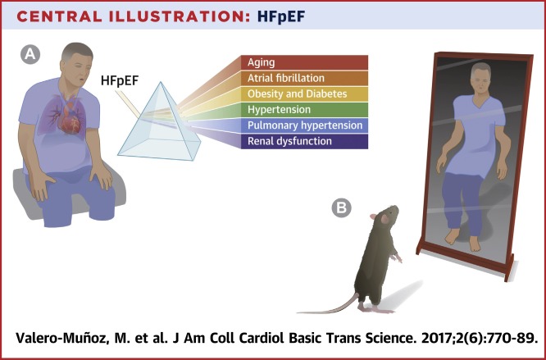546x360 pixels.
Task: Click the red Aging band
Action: pyautogui.click(x=304, y=62)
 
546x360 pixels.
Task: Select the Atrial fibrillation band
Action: pyautogui.click(x=304, y=79)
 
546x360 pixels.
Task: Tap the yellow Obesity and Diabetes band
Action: pyautogui.click(x=304, y=94)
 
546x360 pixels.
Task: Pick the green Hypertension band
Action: pyautogui.click(x=304, y=110)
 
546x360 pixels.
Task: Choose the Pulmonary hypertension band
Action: pyautogui.click(x=304, y=125)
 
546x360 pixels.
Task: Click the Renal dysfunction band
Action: pyautogui.click(x=304, y=141)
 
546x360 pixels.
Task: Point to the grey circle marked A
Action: pyautogui.click(x=30, y=54)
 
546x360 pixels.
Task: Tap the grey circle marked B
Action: pyautogui.click(x=341, y=207)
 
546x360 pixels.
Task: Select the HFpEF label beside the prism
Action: pyautogui.click(x=120, y=80)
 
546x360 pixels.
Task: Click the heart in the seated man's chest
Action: pyautogui.click(x=71, y=116)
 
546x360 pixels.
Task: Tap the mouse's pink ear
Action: pyautogui.click(x=384, y=219)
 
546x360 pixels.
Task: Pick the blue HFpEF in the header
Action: pyautogui.click(x=281, y=16)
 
